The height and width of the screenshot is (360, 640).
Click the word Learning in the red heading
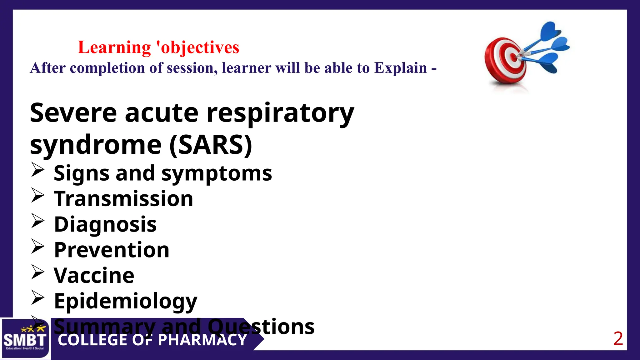pos(114,47)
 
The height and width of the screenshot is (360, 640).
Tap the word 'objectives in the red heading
pos(197,47)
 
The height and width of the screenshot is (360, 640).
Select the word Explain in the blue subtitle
pos(401,68)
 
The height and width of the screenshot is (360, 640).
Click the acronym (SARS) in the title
pos(211,145)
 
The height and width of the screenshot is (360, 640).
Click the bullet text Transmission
pos(123,199)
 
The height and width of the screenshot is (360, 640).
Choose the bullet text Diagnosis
pos(105,224)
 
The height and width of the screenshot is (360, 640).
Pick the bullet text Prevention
pos(112,250)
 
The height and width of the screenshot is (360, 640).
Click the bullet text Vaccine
pos(94,276)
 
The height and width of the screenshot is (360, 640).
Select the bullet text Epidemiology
pos(126,301)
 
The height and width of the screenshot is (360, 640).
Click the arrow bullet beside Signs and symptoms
pos(38,170)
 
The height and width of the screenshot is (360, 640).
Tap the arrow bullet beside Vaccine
pos(38,272)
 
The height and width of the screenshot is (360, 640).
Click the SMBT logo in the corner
pos(25,339)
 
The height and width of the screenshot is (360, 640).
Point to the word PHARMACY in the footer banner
pos(202,340)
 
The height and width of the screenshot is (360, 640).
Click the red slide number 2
pos(618,339)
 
